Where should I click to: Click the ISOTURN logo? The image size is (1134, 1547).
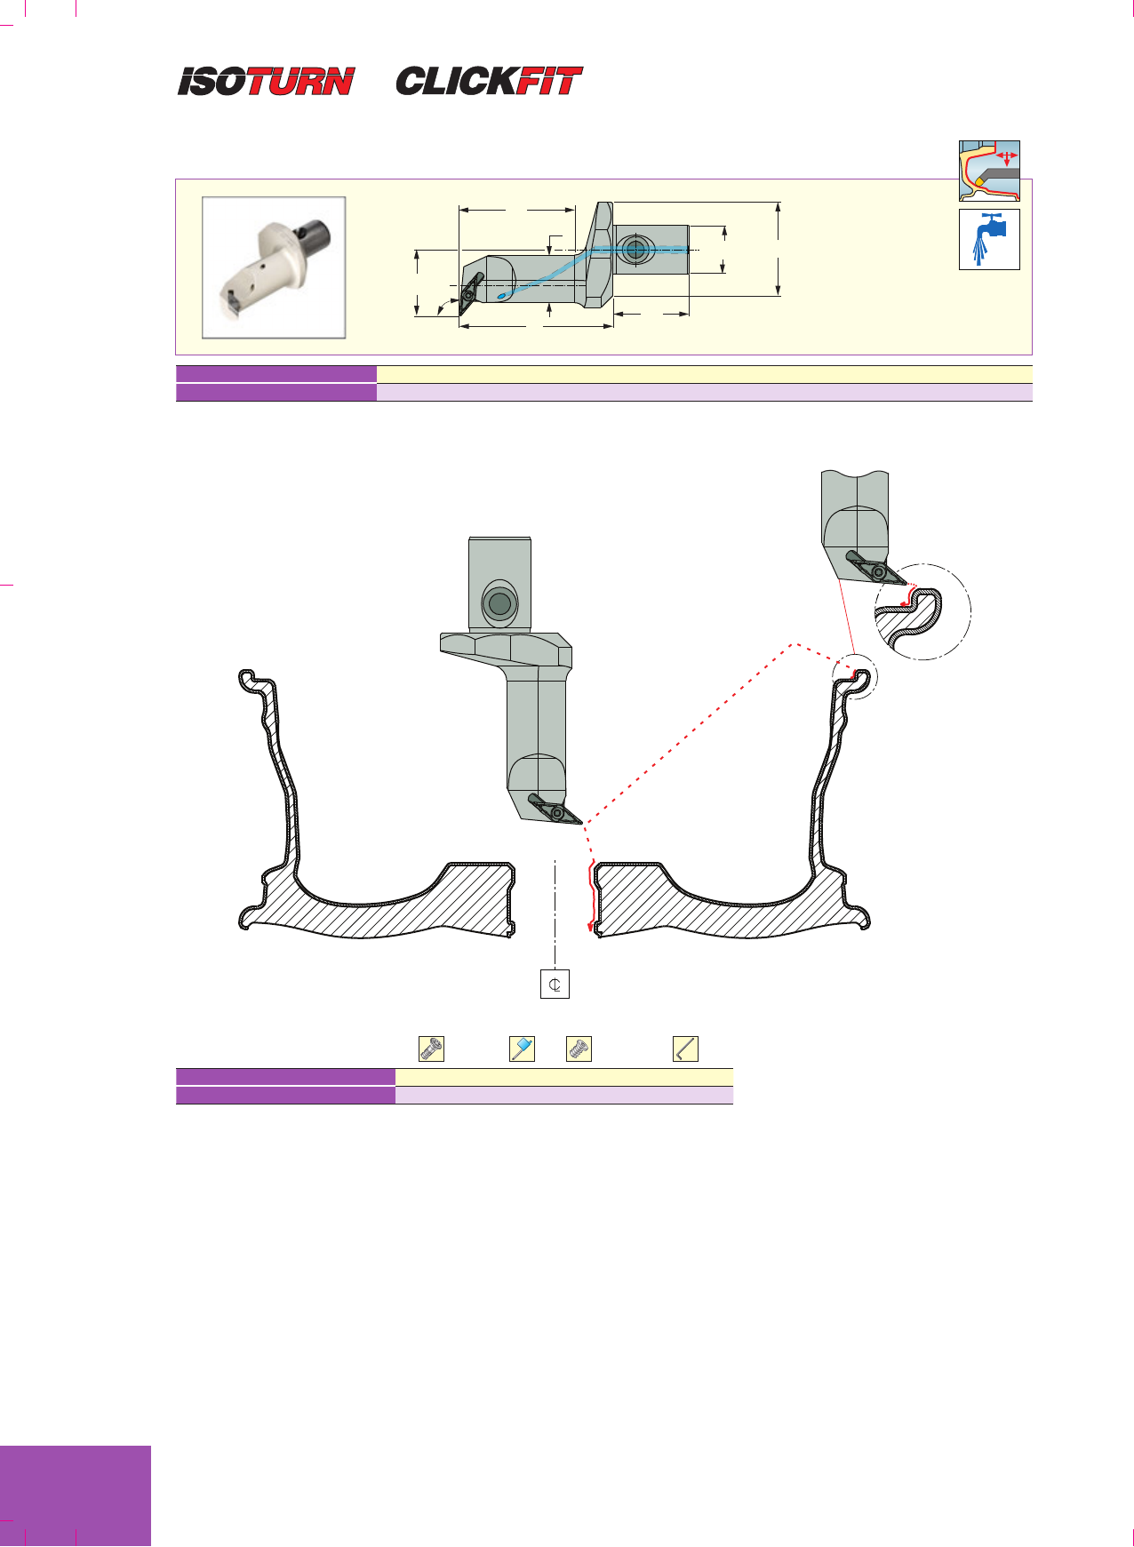(x=266, y=82)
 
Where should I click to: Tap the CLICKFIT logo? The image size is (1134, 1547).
(x=489, y=81)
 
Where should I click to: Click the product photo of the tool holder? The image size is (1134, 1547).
(x=274, y=267)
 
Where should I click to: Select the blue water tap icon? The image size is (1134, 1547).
(x=989, y=239)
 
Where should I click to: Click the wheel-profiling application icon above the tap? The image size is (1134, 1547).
(x=989, y=171)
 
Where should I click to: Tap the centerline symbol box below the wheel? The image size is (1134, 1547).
(x=555, y=985)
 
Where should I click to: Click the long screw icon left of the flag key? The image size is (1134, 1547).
(x=432, y=1049)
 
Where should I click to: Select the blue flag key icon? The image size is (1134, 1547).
(x=522, y=1049)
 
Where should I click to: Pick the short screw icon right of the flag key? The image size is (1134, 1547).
(x=579, y=1049)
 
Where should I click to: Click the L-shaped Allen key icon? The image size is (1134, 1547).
(x=685, y=1049)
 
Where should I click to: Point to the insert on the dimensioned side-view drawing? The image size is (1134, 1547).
(x=471, y=292)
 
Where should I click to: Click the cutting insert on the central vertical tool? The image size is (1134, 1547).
(x=555, y=809)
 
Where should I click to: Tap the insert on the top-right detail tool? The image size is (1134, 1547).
(x=876, y=568)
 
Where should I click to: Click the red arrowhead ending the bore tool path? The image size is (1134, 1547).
(x=591, y=929)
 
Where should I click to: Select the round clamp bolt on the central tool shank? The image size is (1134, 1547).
(x=500, y=604)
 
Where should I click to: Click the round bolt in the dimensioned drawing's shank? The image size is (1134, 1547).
(x=634, y=250)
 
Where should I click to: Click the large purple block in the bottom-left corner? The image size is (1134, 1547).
(x=76, y=1495)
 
